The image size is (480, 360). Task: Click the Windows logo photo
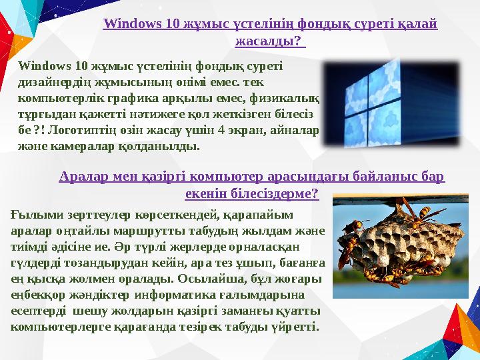click(389, 103)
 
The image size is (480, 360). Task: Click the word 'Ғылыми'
click(34, 215)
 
